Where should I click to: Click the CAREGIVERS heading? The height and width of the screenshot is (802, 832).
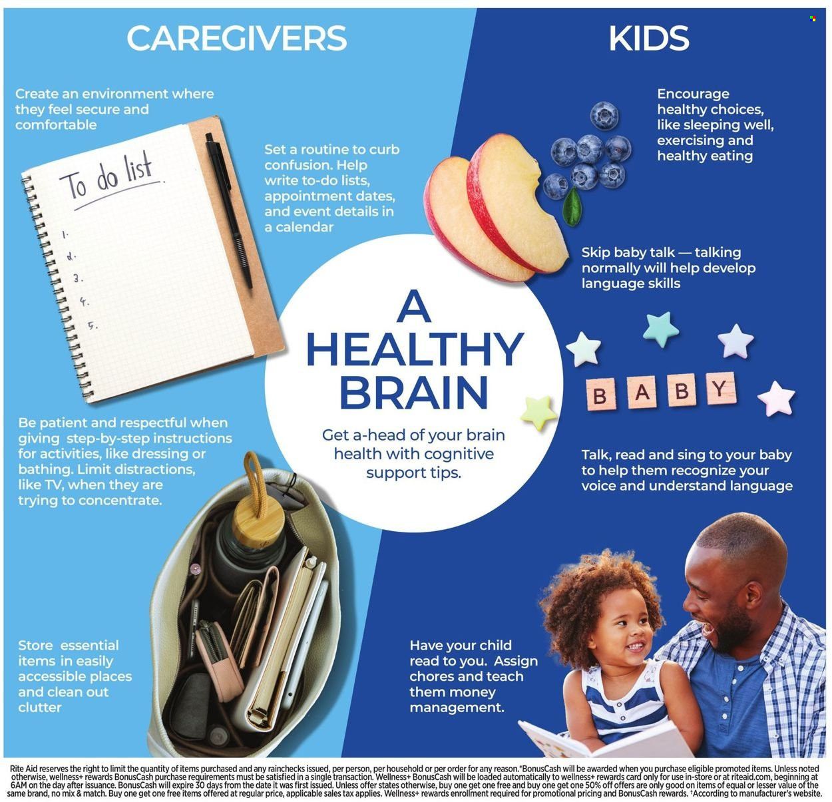[236, 38]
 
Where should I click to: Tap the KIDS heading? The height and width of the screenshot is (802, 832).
[648, 38]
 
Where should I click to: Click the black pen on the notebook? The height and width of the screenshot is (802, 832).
[229, 210]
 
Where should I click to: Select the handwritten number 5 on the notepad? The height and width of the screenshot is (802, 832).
[93, 325]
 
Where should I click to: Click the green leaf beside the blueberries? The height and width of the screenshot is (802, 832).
[572, 206]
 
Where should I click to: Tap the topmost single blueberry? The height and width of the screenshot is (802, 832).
[604, 116]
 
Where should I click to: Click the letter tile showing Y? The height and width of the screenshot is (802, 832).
[720, 388]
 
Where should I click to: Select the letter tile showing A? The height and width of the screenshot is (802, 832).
[642, 392]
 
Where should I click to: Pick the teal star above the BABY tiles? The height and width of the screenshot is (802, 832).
[660, 329]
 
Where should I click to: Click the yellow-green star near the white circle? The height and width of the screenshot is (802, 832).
[538, 413]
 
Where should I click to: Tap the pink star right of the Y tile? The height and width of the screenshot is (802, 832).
[776, 399]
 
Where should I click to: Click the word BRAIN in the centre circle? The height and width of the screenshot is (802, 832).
[414, 393]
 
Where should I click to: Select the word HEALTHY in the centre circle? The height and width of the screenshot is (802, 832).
[415, 349]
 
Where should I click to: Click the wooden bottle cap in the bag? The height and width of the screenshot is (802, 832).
[258, 520]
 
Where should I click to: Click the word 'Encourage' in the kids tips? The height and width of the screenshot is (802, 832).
[693, 94]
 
